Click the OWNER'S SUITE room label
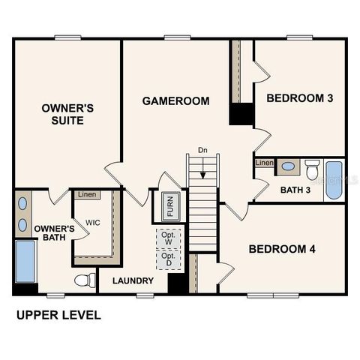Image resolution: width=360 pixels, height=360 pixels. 67,113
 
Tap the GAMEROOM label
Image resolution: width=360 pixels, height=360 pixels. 175,100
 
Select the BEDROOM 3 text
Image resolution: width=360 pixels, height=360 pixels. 300,98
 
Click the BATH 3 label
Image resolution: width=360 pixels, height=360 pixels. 295,190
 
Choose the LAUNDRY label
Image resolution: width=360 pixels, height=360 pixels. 133,281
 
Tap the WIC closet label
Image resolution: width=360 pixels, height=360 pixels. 93,223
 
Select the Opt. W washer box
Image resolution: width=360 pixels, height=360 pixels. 167,238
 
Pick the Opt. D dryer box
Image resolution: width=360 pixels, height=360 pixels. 167,260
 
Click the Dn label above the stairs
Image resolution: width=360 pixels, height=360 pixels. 202,150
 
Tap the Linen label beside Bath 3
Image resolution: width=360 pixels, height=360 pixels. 264,163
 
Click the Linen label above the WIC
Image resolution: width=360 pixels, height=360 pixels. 87,195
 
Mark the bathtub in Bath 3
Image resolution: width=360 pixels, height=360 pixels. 334,180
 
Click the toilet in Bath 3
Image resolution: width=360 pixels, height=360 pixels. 312,169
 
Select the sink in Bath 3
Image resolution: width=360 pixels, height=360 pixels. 287,166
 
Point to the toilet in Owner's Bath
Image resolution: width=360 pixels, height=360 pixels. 85,280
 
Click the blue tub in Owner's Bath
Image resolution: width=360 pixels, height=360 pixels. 25,260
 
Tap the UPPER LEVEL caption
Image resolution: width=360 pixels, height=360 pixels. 58,316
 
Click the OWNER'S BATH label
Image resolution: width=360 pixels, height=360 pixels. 54,233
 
